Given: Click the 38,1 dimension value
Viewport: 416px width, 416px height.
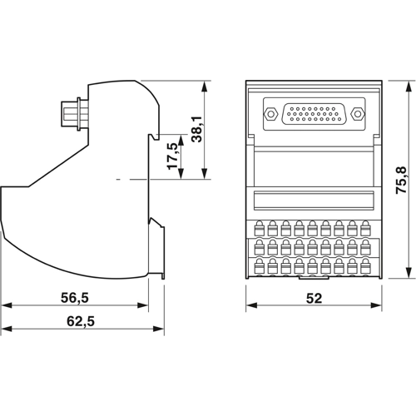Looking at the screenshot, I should pyautogui.click(x=197, y=129).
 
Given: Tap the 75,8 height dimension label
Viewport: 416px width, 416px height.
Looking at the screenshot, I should pyautogui.click(x=401, y=180).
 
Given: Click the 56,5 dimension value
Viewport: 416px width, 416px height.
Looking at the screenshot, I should pyautogui.click(x=74, y=297).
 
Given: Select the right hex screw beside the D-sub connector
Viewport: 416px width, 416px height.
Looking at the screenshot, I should pyautogui.click(x=358, y=114).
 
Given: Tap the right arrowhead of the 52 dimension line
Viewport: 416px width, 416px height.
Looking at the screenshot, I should pyautogui.click(x=377, y=306).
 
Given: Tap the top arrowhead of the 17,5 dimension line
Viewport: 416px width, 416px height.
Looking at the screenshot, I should pyautogui.click(x=180, y=133).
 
